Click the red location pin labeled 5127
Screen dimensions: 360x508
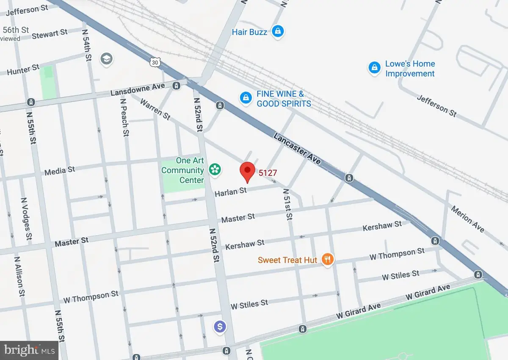[247, 171]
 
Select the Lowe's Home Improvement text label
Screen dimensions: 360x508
[409, 69]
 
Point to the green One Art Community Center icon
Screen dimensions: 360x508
[215, 170]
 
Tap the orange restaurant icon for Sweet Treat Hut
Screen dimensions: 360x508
[326, 259]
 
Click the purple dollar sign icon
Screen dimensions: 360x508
[219, 326]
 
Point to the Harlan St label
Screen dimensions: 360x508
[230, 192]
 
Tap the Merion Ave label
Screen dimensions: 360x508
[467, 219]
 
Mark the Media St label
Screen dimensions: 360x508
[60, 171]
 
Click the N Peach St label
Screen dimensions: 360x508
[125, 116]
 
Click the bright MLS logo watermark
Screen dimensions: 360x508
[30, 350]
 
